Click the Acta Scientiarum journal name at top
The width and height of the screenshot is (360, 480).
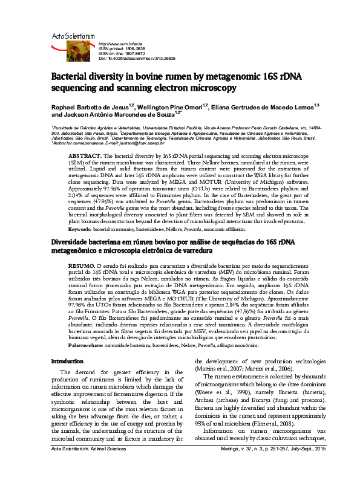tap(73, 37)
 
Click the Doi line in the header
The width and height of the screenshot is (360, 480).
tap(137, 59)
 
